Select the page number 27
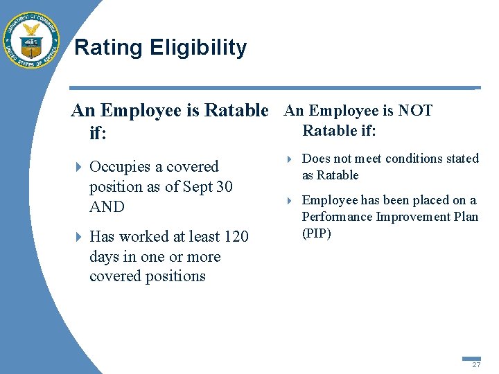476,364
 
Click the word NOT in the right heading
416,111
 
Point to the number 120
236,237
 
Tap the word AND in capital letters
107,207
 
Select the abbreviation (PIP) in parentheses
317,233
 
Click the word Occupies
120,167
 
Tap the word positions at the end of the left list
176,276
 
